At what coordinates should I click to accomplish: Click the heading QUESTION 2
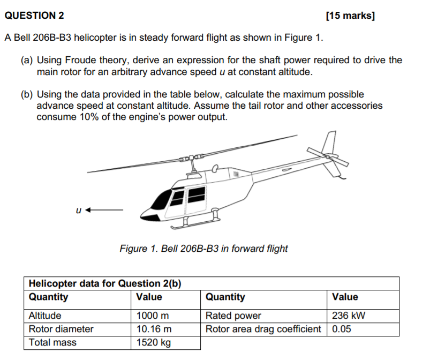coord(34,16)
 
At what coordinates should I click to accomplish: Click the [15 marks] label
coord(350,16)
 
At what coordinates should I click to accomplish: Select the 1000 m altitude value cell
coord(153,316)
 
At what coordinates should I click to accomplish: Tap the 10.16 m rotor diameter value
coord(154,329)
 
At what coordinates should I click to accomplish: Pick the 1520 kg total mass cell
coord(154,342)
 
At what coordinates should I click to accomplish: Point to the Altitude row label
coord(45,316)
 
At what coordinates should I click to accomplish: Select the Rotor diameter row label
coord(61,329)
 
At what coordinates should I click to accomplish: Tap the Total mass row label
coord(52,342)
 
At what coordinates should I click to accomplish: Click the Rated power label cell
coord(233,316)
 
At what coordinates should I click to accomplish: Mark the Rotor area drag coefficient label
coord(263,329)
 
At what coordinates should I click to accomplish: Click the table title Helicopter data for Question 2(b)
coord(104,283)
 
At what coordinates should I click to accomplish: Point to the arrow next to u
coord(104,210)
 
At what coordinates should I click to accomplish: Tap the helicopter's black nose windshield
coord(160,200)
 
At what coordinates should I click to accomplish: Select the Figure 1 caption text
coord(203,249)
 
